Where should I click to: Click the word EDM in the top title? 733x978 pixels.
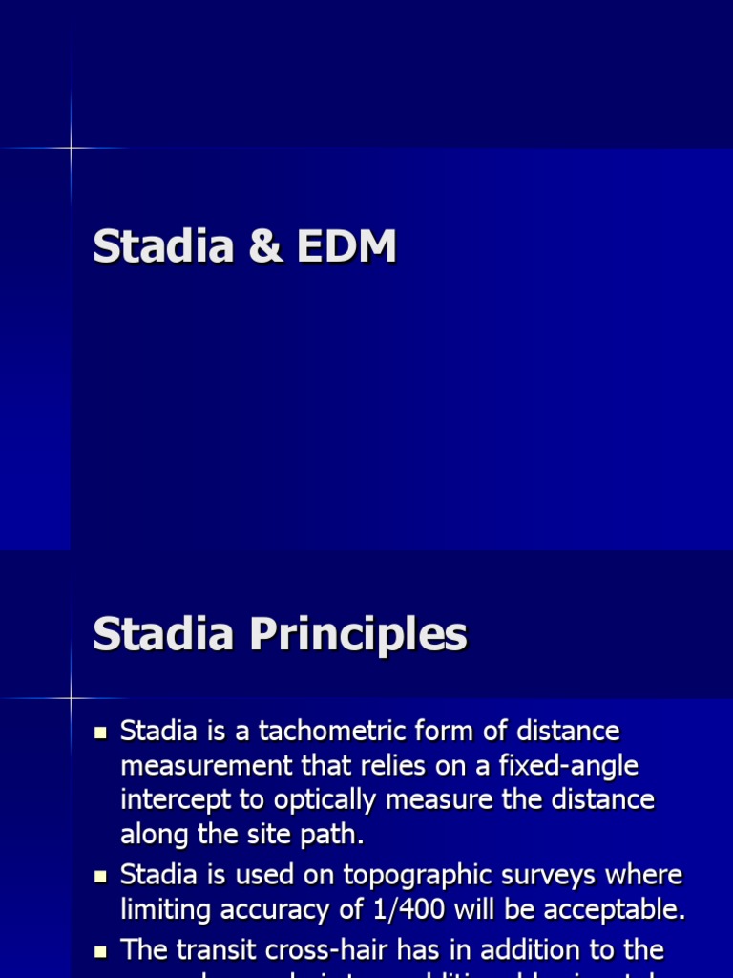click(x=346, y=247)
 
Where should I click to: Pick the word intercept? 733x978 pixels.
click(x=170, y=800)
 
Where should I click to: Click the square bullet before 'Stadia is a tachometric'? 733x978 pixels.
click(x=101, y=733)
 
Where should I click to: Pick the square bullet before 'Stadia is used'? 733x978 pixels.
click(x=101, y=877)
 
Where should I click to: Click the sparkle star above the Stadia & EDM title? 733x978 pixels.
click(x=71, y=148)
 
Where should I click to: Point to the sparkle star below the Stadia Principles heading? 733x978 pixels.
click(x=71, y=698)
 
